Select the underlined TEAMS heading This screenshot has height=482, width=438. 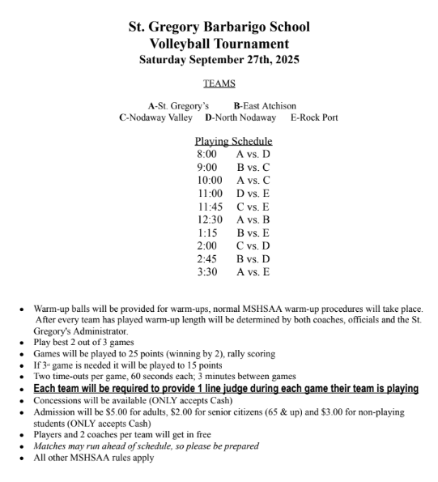(x=219, y=83)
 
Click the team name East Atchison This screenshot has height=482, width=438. (x=270, y=105)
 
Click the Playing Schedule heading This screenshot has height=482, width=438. (x=233, y=141)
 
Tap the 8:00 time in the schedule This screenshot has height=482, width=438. (x=206, y=153)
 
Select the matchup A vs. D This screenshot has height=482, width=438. (x=253, y=153)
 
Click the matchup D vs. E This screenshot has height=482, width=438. (x=253, y=194)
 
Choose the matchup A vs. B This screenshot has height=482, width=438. (x=253, y=220)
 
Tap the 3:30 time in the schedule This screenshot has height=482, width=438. (x=206, y=272)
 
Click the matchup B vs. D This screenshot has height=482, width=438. (x=253, y=259)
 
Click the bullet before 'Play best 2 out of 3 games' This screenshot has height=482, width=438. (x=23, y=343)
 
